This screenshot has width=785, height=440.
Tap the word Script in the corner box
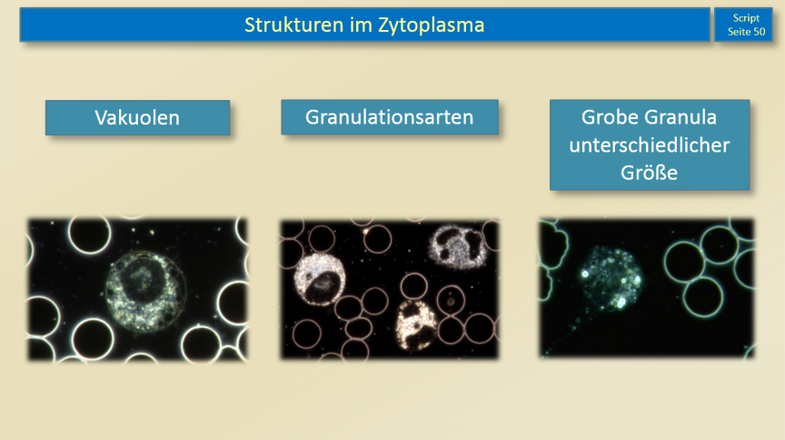(746, 18)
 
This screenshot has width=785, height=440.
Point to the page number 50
(760, 32)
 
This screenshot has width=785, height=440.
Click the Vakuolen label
(137, 118)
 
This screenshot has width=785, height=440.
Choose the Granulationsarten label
(390, 117)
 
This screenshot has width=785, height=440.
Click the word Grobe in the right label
(610, 117)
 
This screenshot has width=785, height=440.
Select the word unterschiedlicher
(650, 145)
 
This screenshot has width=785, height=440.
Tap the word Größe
(650, 173)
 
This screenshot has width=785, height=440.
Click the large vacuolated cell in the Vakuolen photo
(146, 291)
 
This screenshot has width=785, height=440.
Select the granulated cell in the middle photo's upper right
(457, 247)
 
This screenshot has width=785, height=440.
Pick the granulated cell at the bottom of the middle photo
(416, 325)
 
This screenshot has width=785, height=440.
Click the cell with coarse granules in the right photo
(611, 277)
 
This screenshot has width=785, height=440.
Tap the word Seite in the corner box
(739, 32)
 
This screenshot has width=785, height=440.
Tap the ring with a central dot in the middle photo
(451, 301)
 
